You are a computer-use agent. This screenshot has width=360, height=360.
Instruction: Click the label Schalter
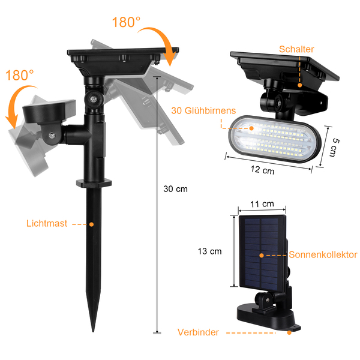click(x=296, y=49)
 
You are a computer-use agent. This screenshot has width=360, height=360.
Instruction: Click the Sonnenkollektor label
click(x=323, y=255)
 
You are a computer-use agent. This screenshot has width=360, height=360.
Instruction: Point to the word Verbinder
click(x=198, y=332)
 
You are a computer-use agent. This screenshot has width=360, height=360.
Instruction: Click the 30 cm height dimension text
click(x=176, y=188)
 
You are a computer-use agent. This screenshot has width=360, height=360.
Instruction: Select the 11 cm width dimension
click(x=262, y=205)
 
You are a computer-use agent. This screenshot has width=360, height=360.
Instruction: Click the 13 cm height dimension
click(x=209, y=251)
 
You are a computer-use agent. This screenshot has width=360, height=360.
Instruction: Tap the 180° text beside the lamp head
click(x=20, y=76)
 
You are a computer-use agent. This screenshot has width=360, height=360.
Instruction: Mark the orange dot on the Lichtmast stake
click(x=92, y=224)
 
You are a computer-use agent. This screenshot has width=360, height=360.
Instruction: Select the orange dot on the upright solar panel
click(x=262, y=255)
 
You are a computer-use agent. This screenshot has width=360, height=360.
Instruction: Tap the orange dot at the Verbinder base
click(x=290, y=331)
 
